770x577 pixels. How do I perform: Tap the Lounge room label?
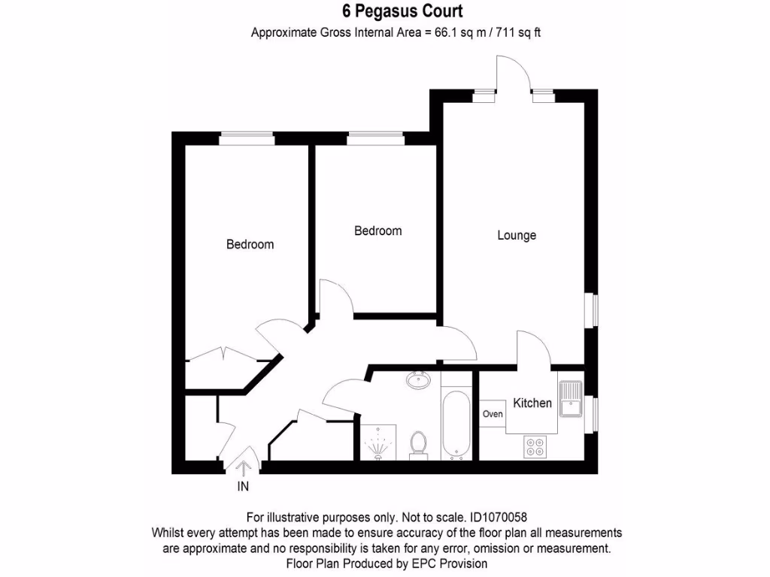[517, 235]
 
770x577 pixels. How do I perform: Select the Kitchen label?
[532, 403]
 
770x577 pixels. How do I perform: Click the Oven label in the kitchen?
[493, 414]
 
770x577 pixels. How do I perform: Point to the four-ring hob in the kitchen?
[535, 446]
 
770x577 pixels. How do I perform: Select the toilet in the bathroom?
[418, 445]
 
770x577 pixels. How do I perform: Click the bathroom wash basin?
[417, 381]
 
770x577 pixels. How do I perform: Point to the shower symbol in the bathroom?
[377, 444]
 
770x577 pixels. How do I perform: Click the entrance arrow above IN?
[244, 468]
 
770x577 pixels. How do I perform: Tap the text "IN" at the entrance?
[244, 487]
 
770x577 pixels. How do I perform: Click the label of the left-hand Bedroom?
[250, 244]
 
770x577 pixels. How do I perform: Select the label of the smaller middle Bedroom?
[377, 231]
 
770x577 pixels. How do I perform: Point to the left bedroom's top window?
[246, 138]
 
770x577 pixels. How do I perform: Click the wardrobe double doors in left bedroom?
[223, 355]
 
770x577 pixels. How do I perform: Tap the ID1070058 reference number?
[498, 517]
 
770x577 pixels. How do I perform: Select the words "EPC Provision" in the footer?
[452, 563]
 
